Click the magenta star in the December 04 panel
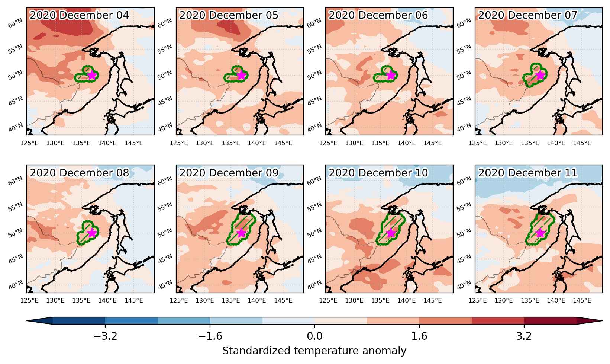(x=92, y=75)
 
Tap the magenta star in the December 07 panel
(x=540, y=75)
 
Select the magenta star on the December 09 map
(x=241, y=233)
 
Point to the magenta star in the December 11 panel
(x=540, y=233)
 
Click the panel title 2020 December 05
(x=229, y=15)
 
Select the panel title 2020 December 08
(x=79, y=173)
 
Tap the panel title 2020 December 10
(x=378, y=173)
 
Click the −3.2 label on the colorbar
(x=105, y=336)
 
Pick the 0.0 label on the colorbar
(x=314, y=336)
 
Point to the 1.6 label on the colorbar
(x=419, y=336)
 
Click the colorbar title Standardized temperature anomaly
(x=314, y=351)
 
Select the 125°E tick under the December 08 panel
(x=29, y=300)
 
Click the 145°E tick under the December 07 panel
(x=582, y=143)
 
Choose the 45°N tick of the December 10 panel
(x=314, y=259)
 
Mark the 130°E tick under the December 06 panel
(x=354, y=143)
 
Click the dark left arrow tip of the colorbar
(x=28, y=321)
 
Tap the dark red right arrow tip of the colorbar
(x=601, y=321)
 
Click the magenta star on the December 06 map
(x=391, y=75)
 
